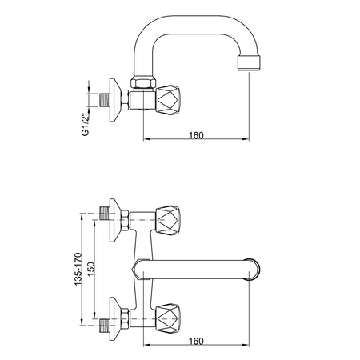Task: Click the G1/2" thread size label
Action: point(86,125)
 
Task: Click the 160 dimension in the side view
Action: point(196,135)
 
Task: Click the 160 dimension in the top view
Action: point(196,341)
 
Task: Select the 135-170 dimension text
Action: point(78,269)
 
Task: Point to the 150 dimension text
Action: point(91,269)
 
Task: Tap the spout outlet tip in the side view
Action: point(248,63)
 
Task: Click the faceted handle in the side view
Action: point(168,100)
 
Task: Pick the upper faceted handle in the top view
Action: point(168,220)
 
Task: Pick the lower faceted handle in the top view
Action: point(168,318)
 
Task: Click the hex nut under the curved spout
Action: point(143,82)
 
